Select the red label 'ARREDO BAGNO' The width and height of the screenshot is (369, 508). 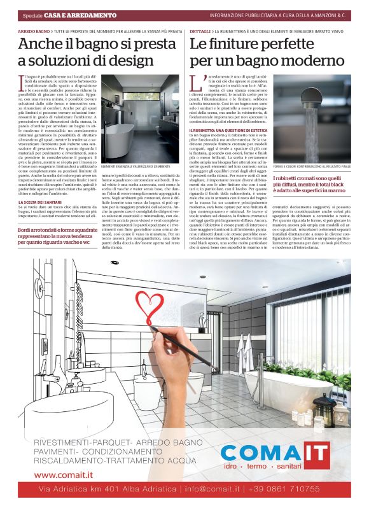(33, 31)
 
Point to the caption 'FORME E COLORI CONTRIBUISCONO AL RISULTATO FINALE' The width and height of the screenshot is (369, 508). (312, 167)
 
